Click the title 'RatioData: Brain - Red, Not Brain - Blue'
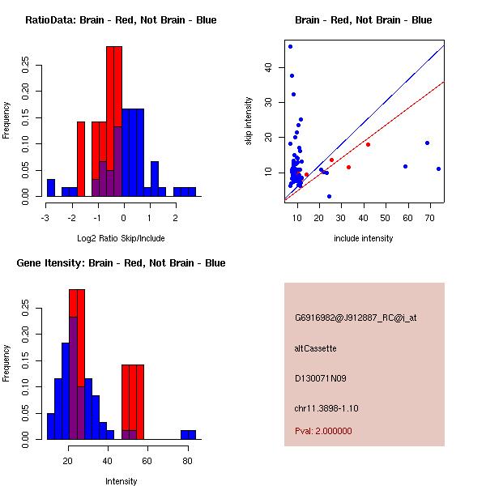coord(121,20)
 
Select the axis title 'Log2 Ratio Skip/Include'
coord(121,238)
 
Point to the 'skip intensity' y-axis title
coord(249,122)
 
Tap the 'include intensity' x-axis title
coord(364,238)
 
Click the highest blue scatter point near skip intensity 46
coord(290,46)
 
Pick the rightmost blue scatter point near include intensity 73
coord(438,168)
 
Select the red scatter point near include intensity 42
coord(368,144)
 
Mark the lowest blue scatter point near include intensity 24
coord(329,196)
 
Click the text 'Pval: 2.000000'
coord(323,431)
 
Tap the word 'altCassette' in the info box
coord(315,348)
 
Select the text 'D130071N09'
coord(319,378)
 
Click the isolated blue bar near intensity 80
coord(188,435)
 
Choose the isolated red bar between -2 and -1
coord(81,159)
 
